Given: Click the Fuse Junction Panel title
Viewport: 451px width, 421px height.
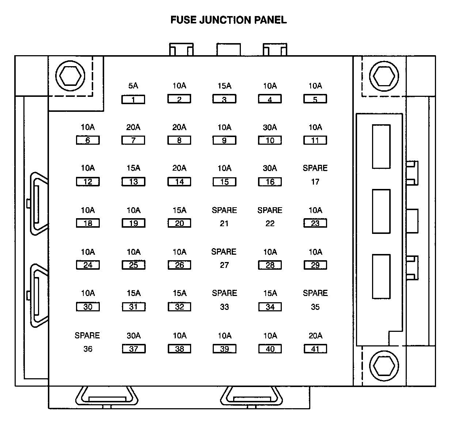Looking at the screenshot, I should (x=228, y=20).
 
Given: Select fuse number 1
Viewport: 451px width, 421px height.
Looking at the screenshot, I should (x=133, y=99).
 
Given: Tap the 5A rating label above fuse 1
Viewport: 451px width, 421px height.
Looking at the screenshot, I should (x=133, y=86).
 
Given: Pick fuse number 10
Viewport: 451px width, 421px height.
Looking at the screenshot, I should (x=270, y=140).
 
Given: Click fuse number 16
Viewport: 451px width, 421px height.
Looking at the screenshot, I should (x=270, y=182).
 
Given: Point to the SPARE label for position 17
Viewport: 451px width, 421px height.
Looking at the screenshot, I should (x=315, y=168).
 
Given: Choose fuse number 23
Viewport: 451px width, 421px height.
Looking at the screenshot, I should (x=315, y=223).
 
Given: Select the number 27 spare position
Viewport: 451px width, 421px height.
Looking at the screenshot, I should (x=224, y=265).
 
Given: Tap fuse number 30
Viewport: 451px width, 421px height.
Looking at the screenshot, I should (x=88, y=307).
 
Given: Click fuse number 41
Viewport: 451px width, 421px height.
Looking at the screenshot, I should (x=315, y=349).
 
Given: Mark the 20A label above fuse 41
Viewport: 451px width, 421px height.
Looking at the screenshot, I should (x=315, y=335).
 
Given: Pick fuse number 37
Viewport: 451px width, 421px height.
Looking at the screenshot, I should (x=133, y=349).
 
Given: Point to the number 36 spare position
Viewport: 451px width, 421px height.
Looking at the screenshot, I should (x=88, y=349).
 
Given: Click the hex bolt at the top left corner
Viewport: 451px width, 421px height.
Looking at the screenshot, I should (x=70, y=76).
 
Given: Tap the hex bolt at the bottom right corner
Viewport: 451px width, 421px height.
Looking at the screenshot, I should (x=383, y=365).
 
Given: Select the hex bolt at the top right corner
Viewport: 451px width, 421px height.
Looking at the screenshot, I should (x=383, y=76).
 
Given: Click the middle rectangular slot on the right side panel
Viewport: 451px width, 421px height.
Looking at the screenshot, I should (x=381, y=211).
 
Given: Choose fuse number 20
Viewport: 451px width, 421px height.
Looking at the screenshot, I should (x=179, y=223).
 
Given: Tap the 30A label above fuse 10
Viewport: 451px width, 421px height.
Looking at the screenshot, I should (x=270, y=127).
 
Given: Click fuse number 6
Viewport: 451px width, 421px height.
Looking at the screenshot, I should (x=88, y=140).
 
